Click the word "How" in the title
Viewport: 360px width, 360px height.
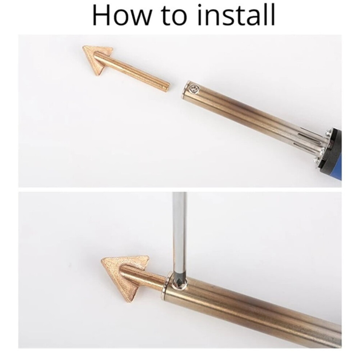click(122, 15)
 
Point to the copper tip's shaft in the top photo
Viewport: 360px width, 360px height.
click(133, 71)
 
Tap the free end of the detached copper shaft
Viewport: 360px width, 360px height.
click(167, 87)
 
